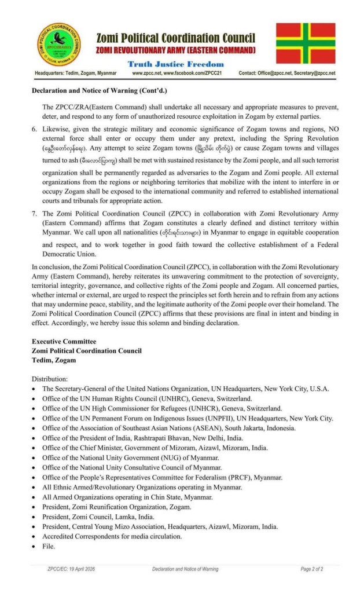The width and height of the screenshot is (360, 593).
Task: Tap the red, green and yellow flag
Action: pyautogui.click(x=305, y=43)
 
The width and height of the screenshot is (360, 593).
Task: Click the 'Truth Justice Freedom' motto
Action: pyautogui.click(x=175, y=64)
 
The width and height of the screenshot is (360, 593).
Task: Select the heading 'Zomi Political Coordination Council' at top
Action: pyautogui.click(x=175, y=38)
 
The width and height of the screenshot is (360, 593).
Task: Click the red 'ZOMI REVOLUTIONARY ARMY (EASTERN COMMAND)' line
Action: pyautogui.click(x=175, y=51)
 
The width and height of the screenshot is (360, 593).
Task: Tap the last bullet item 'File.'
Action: pyautogui.click(x=49, y=546)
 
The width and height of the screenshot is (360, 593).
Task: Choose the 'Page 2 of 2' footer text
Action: pyautogui.click(x=311, y=569)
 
